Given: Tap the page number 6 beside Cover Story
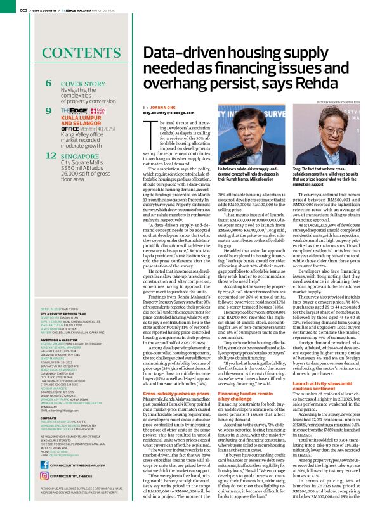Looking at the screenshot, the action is pyautogui.click(x=49, y=84).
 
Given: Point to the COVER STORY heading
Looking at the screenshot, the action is pyautogui.click(x=83, y=84).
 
